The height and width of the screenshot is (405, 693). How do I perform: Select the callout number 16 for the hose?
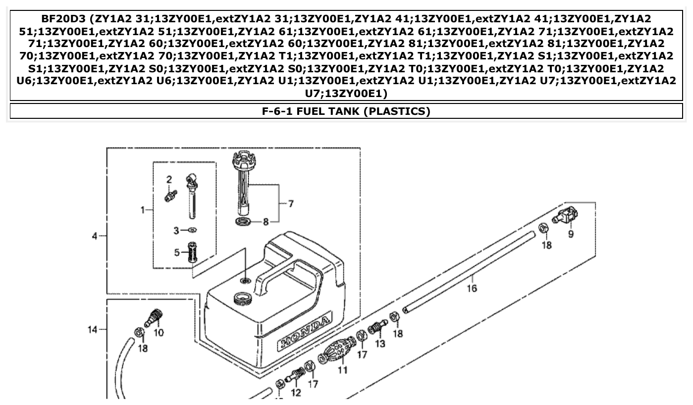(x=472, y=288)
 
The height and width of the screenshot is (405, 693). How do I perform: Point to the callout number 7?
(x=290, y=203)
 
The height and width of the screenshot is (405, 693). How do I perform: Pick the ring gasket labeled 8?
(x=243, y=221)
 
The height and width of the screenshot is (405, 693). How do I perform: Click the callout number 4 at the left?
(x=95, y=236)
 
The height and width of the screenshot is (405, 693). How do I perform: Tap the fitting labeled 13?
(x=377, y=327)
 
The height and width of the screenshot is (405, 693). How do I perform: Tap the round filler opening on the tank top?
(x=241, y=299)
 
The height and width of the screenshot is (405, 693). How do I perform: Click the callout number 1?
(x=143, y=210)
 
